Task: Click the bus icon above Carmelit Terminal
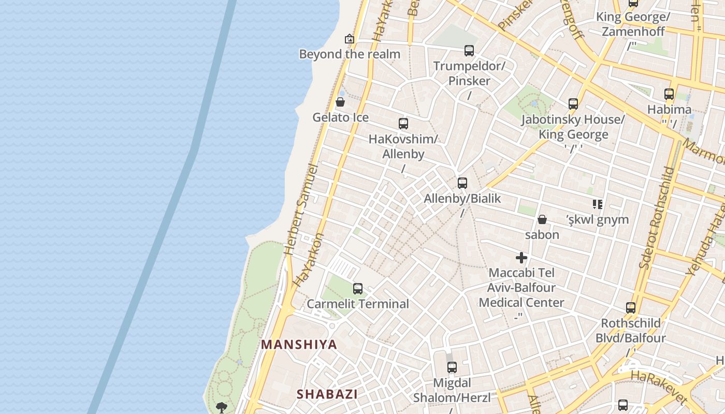357,289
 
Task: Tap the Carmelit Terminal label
358,304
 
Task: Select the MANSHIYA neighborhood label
299,345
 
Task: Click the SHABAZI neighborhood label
327,394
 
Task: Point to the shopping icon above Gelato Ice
340,102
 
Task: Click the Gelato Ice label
340,117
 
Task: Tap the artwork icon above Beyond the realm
350,39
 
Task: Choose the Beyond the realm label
350,54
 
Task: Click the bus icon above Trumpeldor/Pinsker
469,51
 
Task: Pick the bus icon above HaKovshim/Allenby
403,124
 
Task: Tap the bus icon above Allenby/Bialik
462,183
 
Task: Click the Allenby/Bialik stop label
462,198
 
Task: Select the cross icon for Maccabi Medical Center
521,257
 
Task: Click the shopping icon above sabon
542,219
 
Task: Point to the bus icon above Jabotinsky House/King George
573,104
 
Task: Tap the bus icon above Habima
669,94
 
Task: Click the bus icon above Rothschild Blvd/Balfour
631,308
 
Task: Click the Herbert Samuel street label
301,210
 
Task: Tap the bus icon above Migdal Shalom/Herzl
452,367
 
